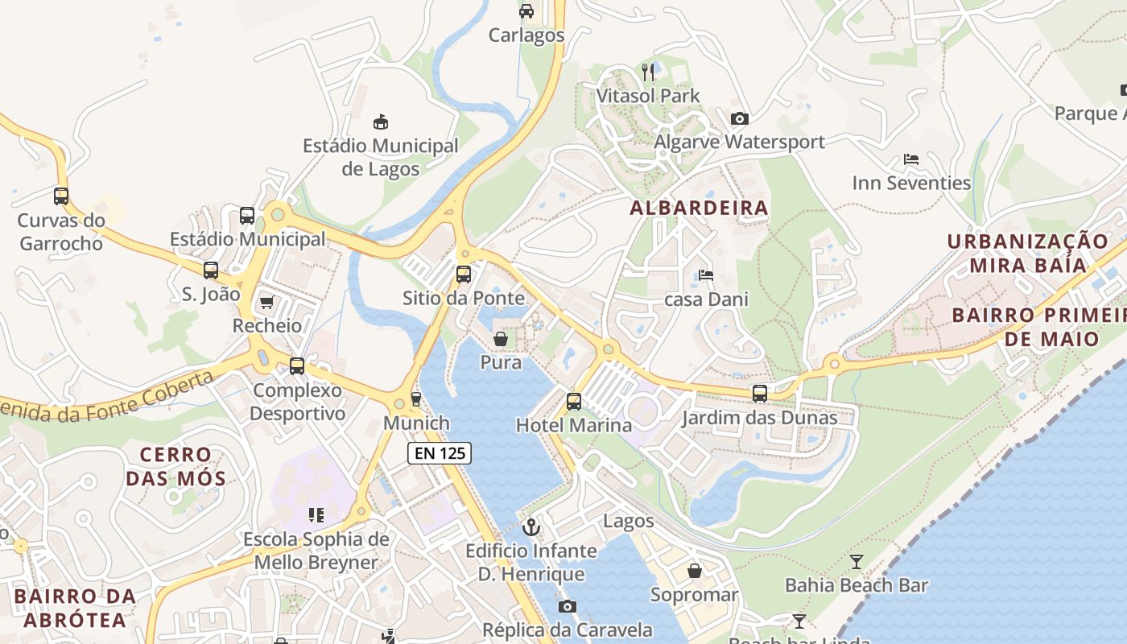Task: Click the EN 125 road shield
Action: [x=439, y=453]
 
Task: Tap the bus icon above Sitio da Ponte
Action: [x=464, y=274]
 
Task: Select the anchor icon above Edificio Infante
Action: [x=530, y=527]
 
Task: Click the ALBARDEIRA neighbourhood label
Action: [x=699, y=208]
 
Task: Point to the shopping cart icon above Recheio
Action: [x=266, y=303]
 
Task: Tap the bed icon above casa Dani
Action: [x=706, y=275]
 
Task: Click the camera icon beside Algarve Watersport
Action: [x=739, y=119]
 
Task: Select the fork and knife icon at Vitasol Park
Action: [x=649, y=72]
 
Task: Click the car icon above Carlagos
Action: [x=526, y=11]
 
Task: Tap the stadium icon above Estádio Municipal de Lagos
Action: [x=381, y=122]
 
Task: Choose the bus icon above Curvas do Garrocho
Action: [x=61, y=196]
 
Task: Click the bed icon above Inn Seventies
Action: [x=911, y=159]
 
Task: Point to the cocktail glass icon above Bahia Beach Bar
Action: [x=856, y=562]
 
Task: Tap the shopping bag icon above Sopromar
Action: [x=694, y=571]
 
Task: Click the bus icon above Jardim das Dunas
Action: [x=759, y=394]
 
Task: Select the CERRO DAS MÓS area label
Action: [x=175, y=467]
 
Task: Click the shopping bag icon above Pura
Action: [x=501, y=339]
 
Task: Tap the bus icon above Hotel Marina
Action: [x=573, y=401]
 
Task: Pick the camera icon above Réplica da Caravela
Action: [x=567, y=606]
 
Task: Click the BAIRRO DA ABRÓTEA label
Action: [x=75, y=608]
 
